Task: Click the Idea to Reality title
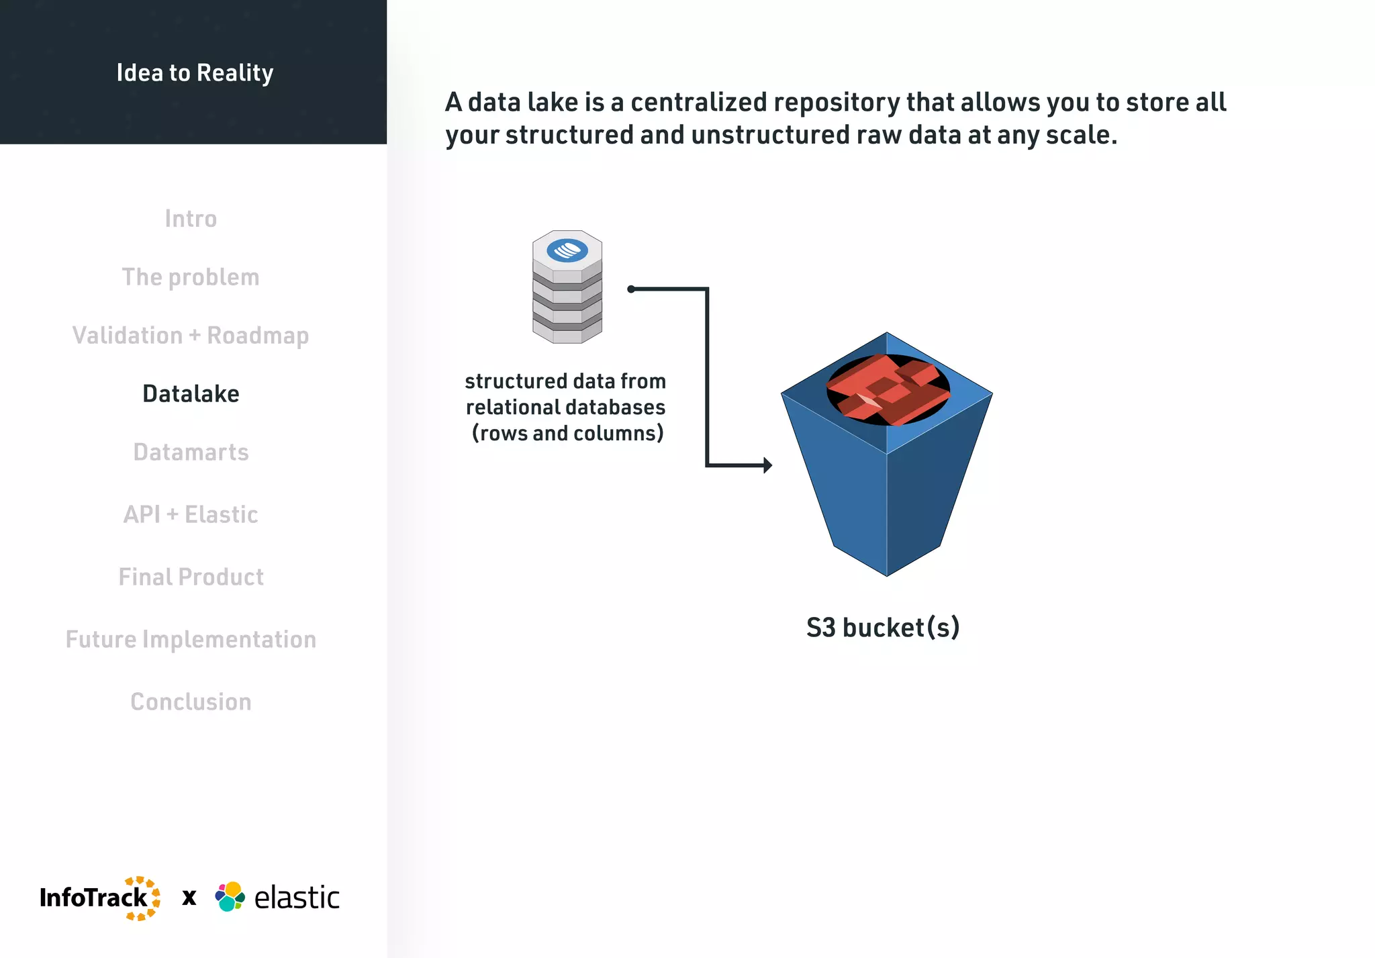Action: [195, 73]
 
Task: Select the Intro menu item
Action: [191, 219]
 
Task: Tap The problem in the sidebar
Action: [191, 277]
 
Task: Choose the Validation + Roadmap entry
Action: [191, 335]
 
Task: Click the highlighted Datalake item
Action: [191, 394]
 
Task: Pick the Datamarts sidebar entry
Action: [191, 452]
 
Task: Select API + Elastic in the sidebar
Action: [191, 515]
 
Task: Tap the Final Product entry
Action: [191, 577]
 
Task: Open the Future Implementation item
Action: [191, 640]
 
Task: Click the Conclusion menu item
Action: [191, 702]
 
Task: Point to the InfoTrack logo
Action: [99, 898]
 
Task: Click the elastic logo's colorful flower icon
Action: [230, 897]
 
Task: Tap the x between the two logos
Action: [189, 898]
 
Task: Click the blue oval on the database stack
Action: [567, 250]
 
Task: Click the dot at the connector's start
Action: [631, 289]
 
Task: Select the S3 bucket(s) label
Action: [883, 628]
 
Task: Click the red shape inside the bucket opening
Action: [888, 389]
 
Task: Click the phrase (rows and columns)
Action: [567, 434]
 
